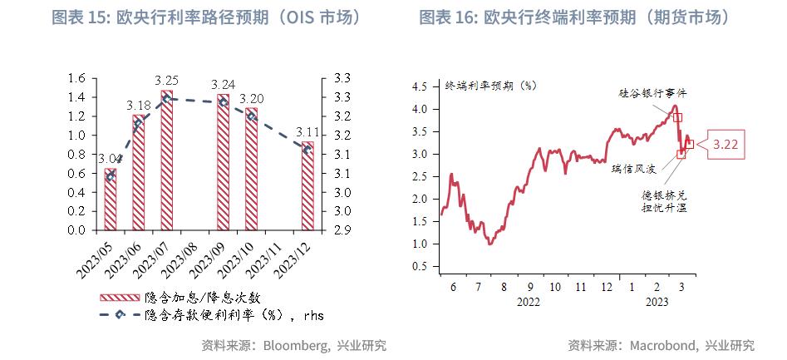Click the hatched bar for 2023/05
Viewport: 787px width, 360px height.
tap(110, 200)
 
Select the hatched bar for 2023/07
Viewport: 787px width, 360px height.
tap(166, 160)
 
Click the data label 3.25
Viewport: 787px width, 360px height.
tap(166, 81)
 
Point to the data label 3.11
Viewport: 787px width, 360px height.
tap(307, 131)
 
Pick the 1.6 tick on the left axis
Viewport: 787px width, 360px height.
tap(76, 78)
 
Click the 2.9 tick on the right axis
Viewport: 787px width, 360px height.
tap(342, 230)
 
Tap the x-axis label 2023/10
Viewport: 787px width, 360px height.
tap(243, 259)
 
